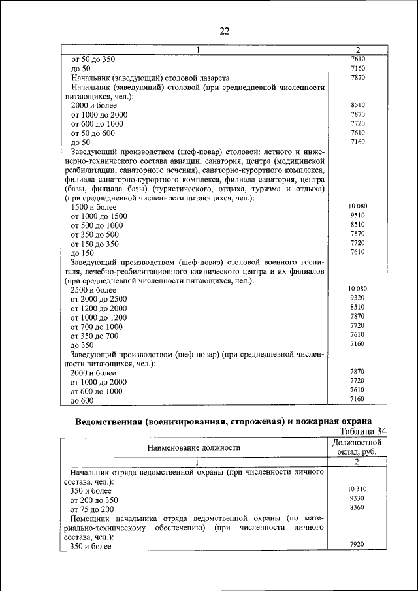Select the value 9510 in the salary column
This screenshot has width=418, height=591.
357,215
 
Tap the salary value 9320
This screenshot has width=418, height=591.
357,298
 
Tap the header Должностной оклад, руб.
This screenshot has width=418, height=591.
357,447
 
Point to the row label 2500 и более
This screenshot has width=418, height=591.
93,290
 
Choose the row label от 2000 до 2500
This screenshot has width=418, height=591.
99,299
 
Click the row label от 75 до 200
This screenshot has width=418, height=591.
92,509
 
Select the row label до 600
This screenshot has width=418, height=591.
82,400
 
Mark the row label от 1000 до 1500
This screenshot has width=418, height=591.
99,216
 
